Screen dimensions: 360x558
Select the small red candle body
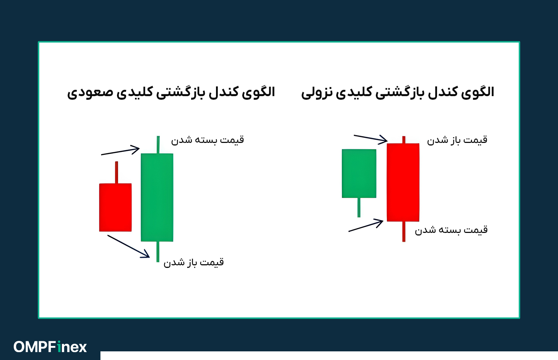pos(115,207)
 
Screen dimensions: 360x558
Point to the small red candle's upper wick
pos(116,172)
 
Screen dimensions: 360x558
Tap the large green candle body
pos(157,197)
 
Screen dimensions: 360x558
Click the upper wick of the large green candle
pos(158,144)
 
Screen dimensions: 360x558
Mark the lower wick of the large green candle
pos(158,251)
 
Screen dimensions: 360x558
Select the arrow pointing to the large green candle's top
pos(121,151)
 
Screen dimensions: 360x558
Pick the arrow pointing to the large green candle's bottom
pos(129,246)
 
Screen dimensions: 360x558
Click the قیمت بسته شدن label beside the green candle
pos(207,140)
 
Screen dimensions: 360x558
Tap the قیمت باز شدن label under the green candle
pos(194,262)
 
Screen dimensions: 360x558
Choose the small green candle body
pos(359,174)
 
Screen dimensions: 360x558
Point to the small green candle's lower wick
pos(359,207)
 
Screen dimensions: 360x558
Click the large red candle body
pos(403,182)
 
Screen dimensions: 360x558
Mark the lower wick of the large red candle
pos(404,231)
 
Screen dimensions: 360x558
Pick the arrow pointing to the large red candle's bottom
pos(366,226)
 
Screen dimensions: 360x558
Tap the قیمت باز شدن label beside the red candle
pos(457,140)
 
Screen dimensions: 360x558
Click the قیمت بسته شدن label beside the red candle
pos(451,230)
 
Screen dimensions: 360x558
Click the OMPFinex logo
pos(50,347)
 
